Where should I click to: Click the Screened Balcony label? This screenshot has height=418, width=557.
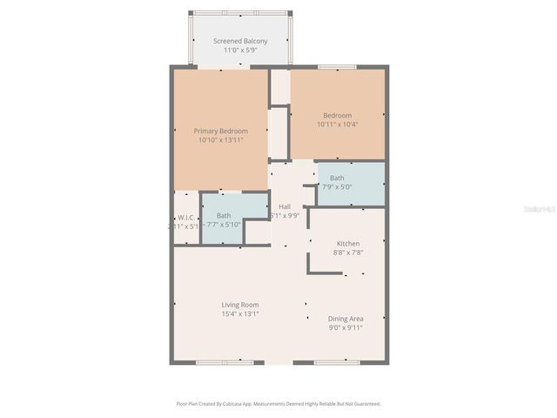coord(240,41)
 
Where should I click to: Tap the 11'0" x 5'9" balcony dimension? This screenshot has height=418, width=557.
coord(240,51)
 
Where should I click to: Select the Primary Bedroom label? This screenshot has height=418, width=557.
coord(220,131)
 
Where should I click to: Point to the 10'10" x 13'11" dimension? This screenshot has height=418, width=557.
coord(220,139)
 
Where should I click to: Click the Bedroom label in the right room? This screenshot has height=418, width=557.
coord(337,116)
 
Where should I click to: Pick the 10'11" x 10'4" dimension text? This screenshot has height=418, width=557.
coord(337,125)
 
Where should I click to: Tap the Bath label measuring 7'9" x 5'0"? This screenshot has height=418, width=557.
coord(337,178)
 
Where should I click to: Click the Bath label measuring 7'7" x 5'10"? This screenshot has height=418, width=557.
coord(224,215)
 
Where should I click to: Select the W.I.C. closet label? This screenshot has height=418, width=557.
coord(185,216)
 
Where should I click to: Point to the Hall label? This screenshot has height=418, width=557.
coord(285,206)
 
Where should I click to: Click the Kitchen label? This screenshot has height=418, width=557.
coord(348,244)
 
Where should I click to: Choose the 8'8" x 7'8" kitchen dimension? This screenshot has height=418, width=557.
coord(348,253)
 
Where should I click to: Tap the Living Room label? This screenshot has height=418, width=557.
coord(239,305)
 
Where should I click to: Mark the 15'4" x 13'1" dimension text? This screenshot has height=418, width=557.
coord(239,313)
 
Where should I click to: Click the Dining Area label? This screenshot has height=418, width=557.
coord(346,319)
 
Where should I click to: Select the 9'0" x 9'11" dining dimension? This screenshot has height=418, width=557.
coord(346,328)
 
